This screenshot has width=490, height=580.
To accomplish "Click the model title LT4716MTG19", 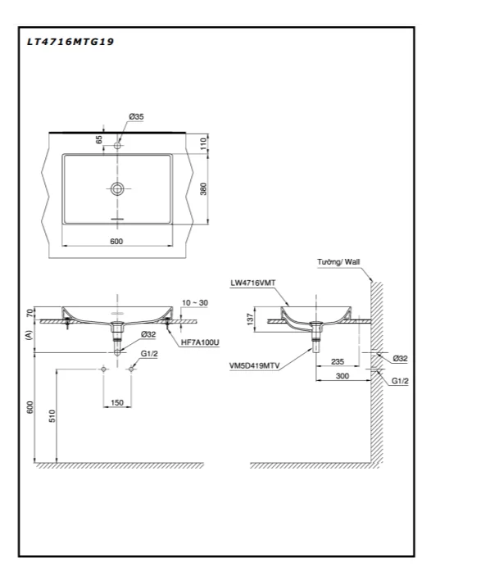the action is pyautogui.click(x=70, y=42).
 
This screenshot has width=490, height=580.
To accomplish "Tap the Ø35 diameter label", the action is pyautogui.click(x=136, y=116).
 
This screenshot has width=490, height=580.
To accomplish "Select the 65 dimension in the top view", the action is pyautogui.click(x=99, y=140).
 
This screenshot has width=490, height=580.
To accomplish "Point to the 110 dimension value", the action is pyautogui.click(x=203, y=143).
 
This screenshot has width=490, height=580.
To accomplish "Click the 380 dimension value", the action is pyautogui.click(x=203, y=188).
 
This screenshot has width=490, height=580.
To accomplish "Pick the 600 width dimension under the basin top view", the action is pyautogui.click(x=116, y=241).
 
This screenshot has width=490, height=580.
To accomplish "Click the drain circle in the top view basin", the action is pyautogui.click(x=117, y=189).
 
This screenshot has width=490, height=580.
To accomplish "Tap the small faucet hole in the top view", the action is pyautogui.click(x=117, y=146).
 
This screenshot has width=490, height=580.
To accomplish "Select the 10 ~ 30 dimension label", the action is pyautogui.click(x=195, y=302).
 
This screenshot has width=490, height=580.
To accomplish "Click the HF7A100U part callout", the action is pyautogui.click(x=200, y=342).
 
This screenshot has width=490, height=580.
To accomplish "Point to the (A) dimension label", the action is pyautogui.click(x=29, y=335).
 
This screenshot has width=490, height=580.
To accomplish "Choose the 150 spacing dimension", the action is pyautogui.click(x=117, y=402).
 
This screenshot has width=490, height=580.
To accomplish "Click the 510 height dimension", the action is pyautogui.click(x=52, y=416).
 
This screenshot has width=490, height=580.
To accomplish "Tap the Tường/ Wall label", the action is pyautogui.click(x=338, y=262).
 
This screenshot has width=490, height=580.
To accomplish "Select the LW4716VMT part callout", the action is pyautogui.click(x=253, y=283).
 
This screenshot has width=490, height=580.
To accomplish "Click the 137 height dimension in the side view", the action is pyautogui.click(x=250, y=319).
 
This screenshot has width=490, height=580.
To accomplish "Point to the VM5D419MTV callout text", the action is pyautogui.click(x=255, y=366).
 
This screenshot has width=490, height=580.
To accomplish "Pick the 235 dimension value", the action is pyautogui.click(x=338, y=361).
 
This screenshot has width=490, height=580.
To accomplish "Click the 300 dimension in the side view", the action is pyautogui.click(x=343, y=376).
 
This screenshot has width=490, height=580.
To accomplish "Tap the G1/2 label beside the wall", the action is pyautogui.click(x=400, y=381).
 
